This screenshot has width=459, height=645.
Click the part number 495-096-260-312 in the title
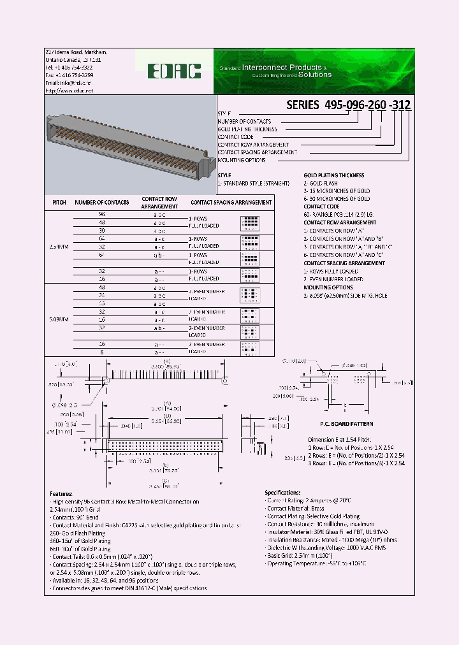(x=349, y=105)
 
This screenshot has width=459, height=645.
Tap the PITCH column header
(x=59, y=203)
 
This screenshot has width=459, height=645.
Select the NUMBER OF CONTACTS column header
(x=102, y=203)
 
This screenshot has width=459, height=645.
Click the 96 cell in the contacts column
(x=101, y=215)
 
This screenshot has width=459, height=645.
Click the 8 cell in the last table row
(x=101, y=352)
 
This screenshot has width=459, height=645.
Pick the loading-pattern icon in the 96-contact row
(x=250, y=222)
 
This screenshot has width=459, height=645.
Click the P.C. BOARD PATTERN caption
(x=346, y=424)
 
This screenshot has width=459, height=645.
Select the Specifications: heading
(x=282, y=493)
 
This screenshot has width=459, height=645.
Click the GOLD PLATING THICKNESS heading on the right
(x=333, y=175)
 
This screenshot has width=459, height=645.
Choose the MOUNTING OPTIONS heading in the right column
(x=328, y=287)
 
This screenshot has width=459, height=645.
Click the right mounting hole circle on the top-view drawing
(x=224, y=381)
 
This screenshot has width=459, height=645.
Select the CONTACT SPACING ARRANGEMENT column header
(x=231, y=203)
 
